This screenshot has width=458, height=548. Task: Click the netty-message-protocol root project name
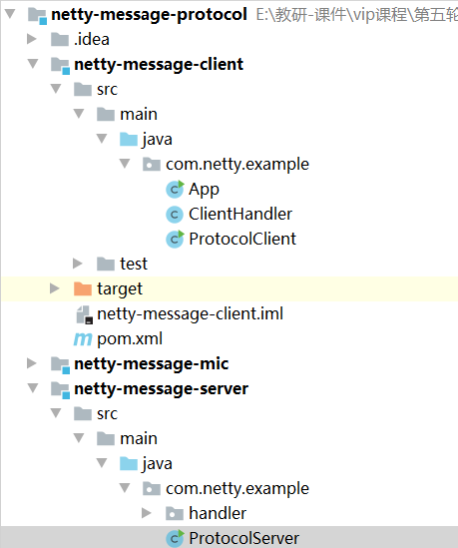149,14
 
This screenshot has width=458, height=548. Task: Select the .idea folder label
92,39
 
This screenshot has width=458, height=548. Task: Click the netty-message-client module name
159,64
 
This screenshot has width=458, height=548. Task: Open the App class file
204,189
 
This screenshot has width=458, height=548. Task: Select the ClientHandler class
240,214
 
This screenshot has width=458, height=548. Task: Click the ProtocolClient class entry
242,239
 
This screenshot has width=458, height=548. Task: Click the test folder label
134,264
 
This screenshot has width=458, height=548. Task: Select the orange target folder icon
81,288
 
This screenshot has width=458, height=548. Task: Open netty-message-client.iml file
190,313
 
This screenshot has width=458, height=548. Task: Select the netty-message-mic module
151,363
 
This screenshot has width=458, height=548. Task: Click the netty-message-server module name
161,388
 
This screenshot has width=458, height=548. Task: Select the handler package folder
218,513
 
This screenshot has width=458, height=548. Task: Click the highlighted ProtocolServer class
243,538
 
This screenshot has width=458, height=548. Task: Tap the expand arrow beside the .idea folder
33,39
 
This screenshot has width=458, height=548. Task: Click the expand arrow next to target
56,288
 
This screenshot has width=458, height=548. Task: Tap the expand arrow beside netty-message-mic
33,363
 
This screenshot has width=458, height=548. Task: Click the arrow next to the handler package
146,513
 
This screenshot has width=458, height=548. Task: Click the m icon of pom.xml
81,339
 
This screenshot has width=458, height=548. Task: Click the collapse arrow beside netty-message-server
33,388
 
